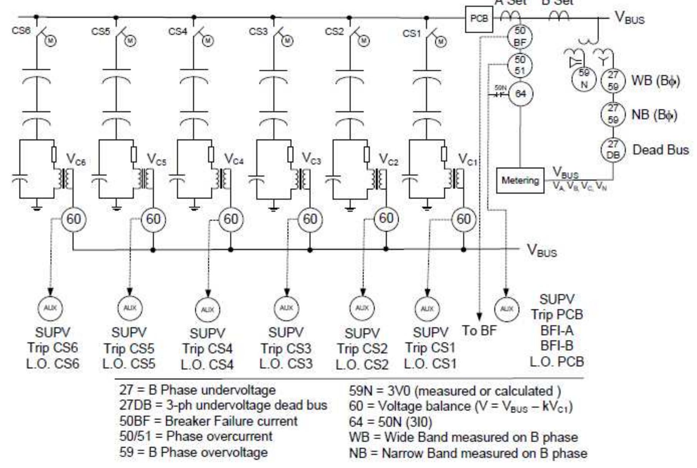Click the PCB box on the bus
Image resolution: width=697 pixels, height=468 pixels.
(x=479, y=19)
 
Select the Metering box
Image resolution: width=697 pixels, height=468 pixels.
(x=520, y=180)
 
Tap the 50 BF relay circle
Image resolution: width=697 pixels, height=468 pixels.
(x=520, y=36)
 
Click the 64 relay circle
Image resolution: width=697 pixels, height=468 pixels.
(x=520, y=94)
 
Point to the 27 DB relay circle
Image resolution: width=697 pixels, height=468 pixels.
(x=613, y=150)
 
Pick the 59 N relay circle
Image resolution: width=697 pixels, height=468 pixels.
(x=584, y=79)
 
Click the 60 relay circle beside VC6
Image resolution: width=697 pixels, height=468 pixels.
(x=74, y=219)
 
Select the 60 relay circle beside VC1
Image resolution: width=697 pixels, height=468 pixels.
(x=464, y=219)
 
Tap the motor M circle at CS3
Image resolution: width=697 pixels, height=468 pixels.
(x=287, y=41)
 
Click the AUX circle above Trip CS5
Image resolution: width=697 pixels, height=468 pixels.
(x=130, y=308)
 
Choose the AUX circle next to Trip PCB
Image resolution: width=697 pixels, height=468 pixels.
(x=506, y=309)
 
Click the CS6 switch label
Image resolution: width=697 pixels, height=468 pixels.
(x=21, y=30)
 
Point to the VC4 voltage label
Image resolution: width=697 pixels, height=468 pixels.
(x=234, y=159)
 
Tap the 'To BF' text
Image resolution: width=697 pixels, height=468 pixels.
(x=479, y=331)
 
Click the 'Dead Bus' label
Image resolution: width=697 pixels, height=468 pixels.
(x=660, y=150)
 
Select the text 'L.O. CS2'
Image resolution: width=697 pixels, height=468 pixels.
(x=362, y=365)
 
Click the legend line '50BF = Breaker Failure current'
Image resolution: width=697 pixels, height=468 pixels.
(x=208, y=421)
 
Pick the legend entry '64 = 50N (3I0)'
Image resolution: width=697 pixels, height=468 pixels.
(x=390, y=422)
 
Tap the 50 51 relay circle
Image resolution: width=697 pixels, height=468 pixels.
(x=520, y=65)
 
